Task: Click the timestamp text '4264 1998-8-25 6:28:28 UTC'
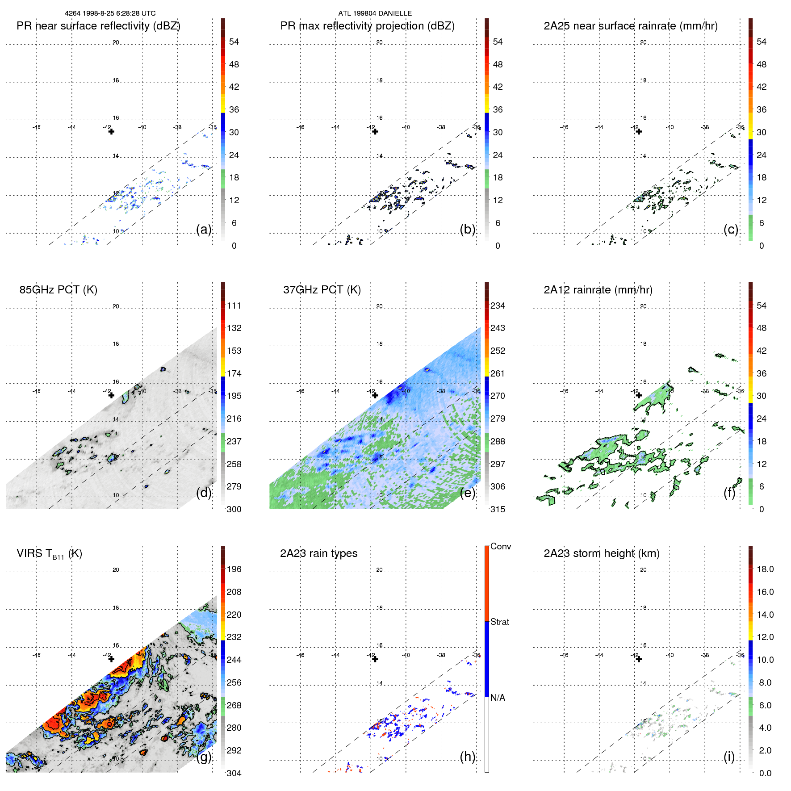tap(110, 13)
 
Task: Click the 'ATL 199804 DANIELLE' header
tap(375, 13)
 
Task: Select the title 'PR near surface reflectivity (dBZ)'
tap(98, 26)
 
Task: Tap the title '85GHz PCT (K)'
tap(58, 290)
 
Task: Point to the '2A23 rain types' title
tap(318, 553)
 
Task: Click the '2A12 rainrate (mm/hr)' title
tap(598, 290)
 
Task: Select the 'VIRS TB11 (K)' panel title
tap(49, 554)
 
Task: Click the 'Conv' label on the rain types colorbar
tap(500, 546)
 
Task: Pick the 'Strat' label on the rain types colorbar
tap(499, 622)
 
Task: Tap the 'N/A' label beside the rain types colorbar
tap(498, 698)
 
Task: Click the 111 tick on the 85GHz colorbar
tap(234, 306)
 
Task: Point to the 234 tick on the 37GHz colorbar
tap(498, 306)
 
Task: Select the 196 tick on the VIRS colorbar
tap(234, 569)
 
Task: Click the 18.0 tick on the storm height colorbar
tap(765, 569)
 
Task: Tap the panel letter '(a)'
tap(204, 229)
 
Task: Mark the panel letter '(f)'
tap(730, 493)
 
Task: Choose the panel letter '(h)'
tap(467, 757)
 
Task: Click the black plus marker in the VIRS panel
tap(111, 659)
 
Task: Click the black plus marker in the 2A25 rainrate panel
tap(639, 131)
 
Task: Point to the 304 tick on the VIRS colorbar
tap(234, 773)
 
